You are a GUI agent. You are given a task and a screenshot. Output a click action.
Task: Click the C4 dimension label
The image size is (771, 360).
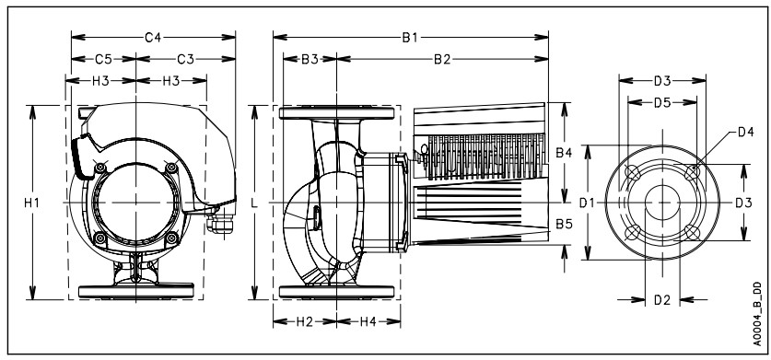153,38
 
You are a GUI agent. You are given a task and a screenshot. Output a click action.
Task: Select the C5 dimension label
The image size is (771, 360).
103,59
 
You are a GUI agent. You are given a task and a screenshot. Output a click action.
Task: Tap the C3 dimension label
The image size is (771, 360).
185,59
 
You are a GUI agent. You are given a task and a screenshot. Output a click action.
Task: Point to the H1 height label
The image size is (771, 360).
32,203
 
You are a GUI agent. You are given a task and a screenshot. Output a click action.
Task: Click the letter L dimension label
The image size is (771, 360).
254,203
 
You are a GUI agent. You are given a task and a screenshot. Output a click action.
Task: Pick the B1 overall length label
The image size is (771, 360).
410,38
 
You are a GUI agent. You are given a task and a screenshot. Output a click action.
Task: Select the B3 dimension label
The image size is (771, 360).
310,59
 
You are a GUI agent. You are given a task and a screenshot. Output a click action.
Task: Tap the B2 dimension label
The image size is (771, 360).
441,59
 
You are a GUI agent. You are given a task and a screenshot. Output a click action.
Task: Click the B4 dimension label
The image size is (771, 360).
564,153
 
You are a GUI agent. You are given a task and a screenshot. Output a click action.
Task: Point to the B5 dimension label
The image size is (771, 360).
564,225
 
